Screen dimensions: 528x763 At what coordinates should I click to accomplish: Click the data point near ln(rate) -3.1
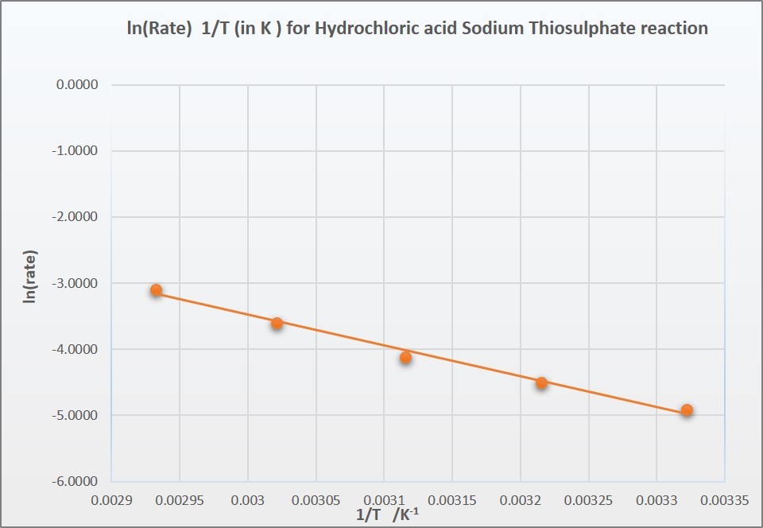[157, 290]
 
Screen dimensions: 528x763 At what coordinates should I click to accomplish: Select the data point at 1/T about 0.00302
[277, 323]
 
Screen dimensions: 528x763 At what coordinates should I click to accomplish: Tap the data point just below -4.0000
[405, 358]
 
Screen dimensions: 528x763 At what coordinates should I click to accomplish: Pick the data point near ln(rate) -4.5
[541, 382]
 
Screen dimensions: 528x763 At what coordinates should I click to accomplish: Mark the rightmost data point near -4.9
[687, 410]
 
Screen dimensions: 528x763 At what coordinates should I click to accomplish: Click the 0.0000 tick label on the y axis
[76, 85]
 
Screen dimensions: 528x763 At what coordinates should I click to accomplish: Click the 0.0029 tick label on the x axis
[111, 502]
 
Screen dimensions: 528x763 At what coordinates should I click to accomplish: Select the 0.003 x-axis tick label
[248, 502]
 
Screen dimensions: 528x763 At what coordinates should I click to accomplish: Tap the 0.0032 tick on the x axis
[521, 502]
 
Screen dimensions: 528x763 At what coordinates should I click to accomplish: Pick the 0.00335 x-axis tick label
[724, 502]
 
